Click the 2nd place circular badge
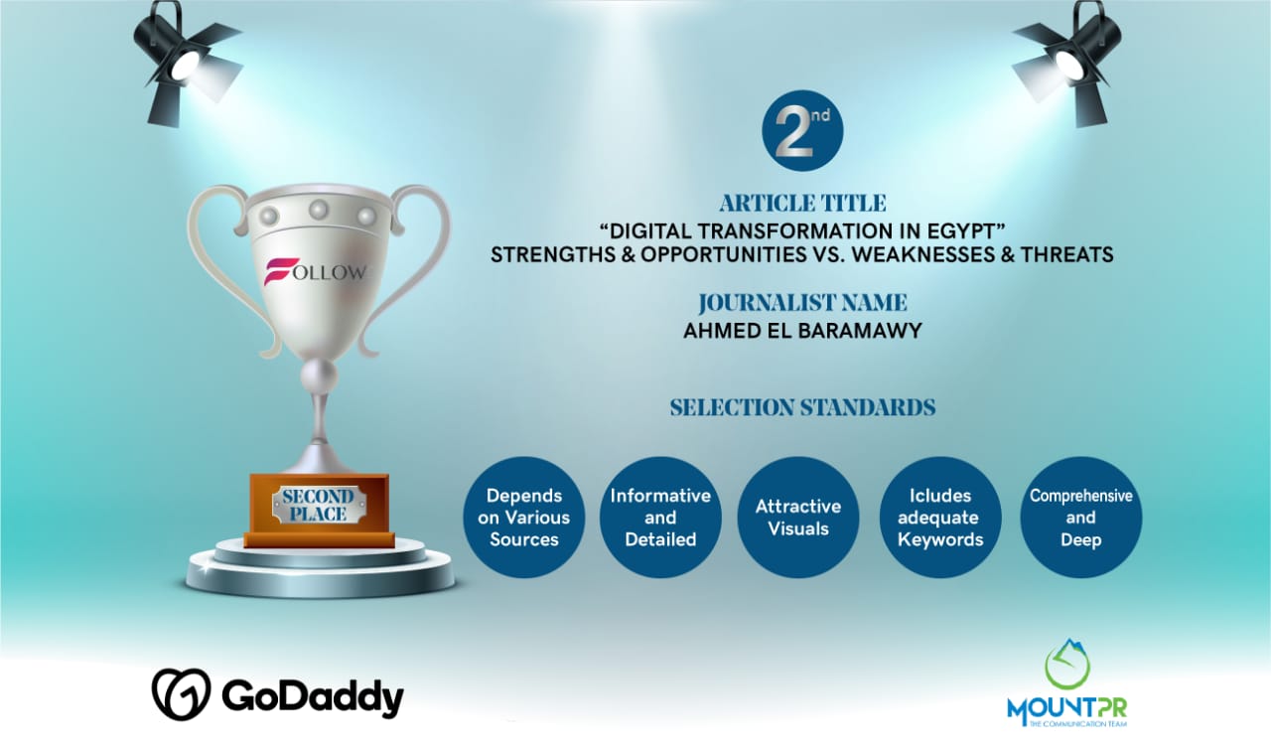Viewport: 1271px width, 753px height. (x=802, y=130)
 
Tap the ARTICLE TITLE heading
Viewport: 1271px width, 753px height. (x=802, y=204)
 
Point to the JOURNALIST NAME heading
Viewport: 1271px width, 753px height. (x=802, y=303)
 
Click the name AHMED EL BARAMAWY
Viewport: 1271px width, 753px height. (x=802, y=331)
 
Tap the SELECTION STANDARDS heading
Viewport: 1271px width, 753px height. (x=802, y=407)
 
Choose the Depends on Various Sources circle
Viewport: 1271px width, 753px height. (x=523, y=518)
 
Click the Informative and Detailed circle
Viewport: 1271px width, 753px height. (x=660, y=518)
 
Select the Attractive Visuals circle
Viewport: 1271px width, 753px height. (x=797, y=518)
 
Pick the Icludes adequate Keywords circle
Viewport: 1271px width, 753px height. (x=940, y=518)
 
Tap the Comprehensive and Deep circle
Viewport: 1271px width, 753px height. (x=1081, y=518)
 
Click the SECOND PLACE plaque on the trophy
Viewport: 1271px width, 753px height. (x=319, y=505)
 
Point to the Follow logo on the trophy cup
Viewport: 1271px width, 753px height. (x=316, y=271)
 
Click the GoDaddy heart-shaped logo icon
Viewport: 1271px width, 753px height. (x=181, y=694)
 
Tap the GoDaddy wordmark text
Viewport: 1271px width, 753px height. (x=313, y=696)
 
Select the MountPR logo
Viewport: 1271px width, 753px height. (x=1066, y=683)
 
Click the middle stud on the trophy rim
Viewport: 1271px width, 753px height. (x=319, y=210)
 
